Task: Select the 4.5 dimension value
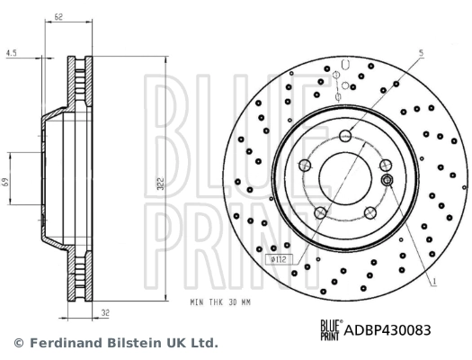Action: (x=10, y=52)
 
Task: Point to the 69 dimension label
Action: (x=6, y=182)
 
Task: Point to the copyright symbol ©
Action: (x=18, y=343)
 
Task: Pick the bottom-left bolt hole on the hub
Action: (x=321, y=213)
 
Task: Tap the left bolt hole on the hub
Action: (x=306, y=165)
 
